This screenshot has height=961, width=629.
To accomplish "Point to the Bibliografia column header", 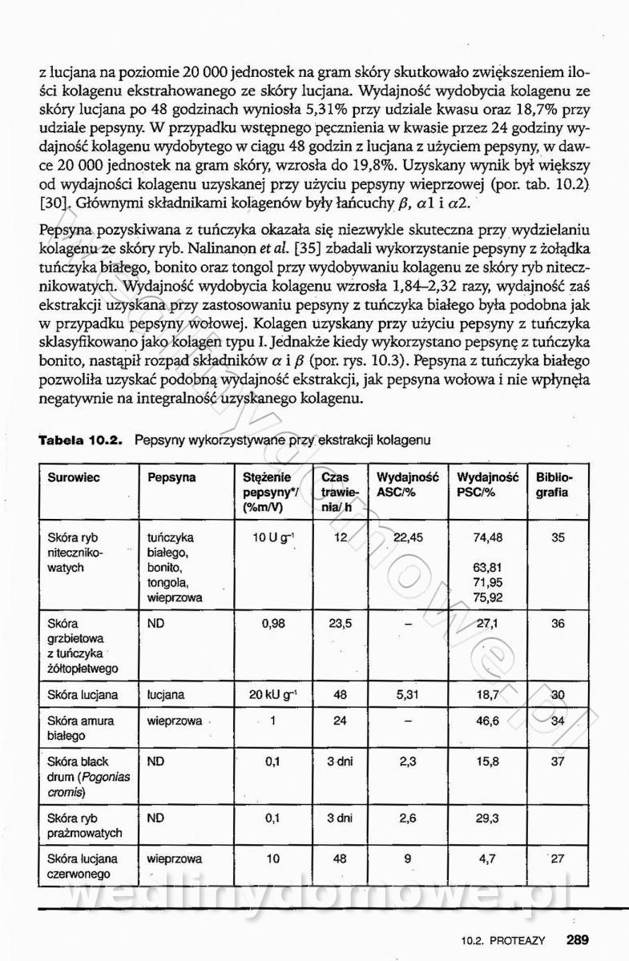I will point(552,485).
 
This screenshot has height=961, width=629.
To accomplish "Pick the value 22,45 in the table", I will point(409,538).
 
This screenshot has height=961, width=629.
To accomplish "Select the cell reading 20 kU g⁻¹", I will point(268,695).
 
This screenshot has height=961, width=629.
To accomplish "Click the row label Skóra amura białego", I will point(80,728).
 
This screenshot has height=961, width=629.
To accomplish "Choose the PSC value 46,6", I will point(487,721).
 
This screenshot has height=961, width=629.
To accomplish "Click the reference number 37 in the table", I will point(558,762).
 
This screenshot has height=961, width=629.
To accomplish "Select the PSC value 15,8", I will point(487,762).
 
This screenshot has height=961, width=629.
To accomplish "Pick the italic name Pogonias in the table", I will point(112,776).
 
